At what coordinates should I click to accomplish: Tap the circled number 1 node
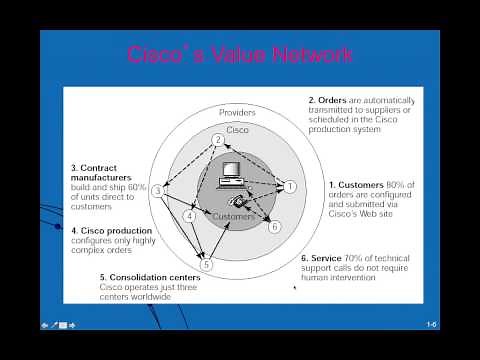point(291,186)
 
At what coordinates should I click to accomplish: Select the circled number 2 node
point(218,140)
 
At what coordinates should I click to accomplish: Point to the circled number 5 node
point(207,265)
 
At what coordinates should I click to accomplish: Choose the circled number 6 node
point(275,227)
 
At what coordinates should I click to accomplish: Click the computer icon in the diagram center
point(232,176)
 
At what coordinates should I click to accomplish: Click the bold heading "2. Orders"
point(333,100)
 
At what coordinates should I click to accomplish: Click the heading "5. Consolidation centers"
point(155,277)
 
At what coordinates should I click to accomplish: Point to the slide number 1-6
point(431,325)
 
